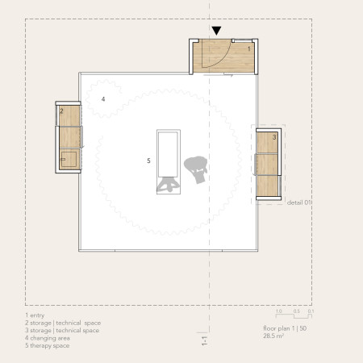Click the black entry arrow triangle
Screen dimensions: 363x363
coord(216,31)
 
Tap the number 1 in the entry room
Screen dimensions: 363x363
coord(249,49)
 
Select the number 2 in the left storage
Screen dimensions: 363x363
coord(61,111)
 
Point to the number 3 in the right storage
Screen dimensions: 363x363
coord(274,137)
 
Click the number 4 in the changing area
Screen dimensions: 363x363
coord(103,99)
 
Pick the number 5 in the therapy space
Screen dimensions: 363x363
coord(148,161)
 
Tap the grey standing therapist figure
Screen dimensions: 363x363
coord(196,169)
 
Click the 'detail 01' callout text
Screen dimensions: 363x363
coord(299,202)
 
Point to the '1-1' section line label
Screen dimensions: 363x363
coord(205,340)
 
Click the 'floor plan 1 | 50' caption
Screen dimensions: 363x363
coord(285,328)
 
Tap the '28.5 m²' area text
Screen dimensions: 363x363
coord(273,336)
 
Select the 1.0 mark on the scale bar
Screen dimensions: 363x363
coord(279,311)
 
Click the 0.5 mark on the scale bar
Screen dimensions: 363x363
coord(297,311)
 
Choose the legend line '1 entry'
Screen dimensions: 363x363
coord(35,315)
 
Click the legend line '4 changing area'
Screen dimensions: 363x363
coord(48,338)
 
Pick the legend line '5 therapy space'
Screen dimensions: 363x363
coord(48,345)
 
